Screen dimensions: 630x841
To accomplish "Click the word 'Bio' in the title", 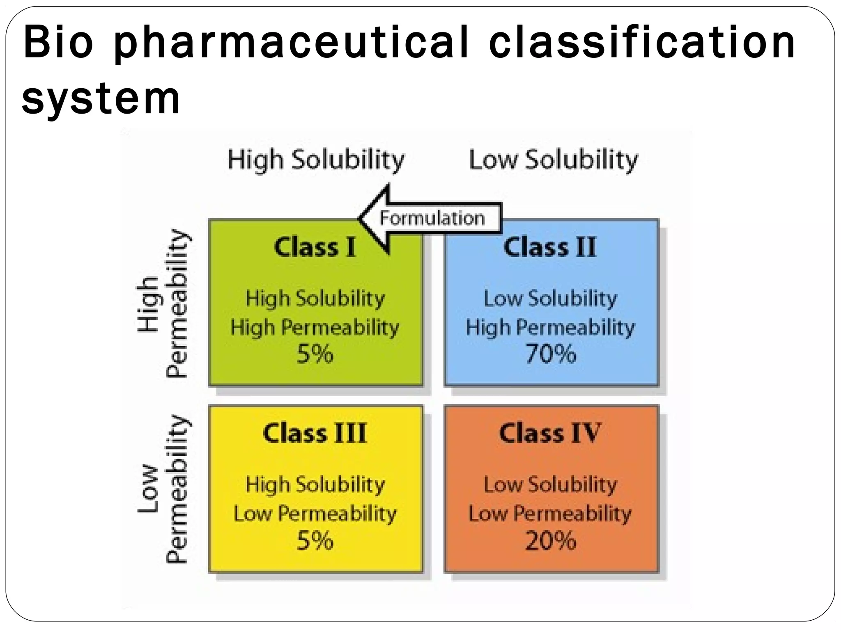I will tap(58, 43).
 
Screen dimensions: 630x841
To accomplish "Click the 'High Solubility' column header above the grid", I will tap(316, 160).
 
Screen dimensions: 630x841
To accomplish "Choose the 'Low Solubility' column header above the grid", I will tap(553, 160).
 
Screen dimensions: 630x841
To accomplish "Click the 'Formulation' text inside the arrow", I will tap(432, 218).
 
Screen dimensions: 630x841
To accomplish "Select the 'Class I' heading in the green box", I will tap(315, 248).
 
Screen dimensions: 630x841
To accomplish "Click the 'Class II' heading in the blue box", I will tap(550, 248).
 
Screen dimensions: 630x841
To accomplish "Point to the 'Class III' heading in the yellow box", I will tap(315, 434).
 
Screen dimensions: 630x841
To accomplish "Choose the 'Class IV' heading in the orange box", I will tap(550, 434).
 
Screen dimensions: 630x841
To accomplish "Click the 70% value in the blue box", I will tap(551, 354).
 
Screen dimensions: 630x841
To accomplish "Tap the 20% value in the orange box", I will tap(551, 541).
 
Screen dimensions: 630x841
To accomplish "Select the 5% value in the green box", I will tap(315, 354).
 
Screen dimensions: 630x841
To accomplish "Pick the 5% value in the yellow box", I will tap(315, 541).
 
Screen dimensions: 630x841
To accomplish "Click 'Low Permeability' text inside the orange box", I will tap(550, 514).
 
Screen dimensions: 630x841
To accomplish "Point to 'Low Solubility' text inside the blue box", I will tap(550, 298).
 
